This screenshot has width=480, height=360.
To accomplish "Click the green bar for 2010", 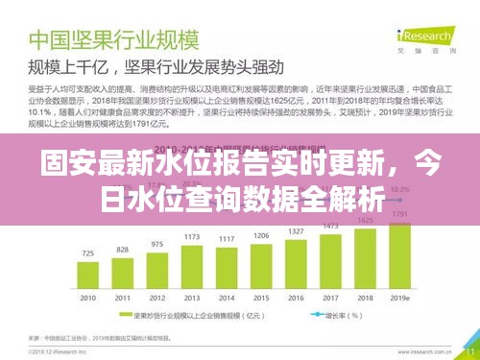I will [x=87, y=276].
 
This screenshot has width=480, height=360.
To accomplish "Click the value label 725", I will [x=87, y=254].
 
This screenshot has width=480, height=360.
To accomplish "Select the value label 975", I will [x=157, y=244].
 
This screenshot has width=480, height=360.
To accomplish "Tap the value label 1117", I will [x=228, y=238].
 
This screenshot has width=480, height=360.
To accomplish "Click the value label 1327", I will [x=296, y=231].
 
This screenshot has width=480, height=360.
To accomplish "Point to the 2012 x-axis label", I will [x=157, y=299].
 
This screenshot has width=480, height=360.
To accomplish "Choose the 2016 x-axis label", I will [x=296, y=299].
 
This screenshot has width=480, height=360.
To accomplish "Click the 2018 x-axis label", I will [x=365, y=299].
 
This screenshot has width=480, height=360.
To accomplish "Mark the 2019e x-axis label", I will [x=400, y=299].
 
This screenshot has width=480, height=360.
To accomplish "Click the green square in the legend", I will [x=123, y=313].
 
